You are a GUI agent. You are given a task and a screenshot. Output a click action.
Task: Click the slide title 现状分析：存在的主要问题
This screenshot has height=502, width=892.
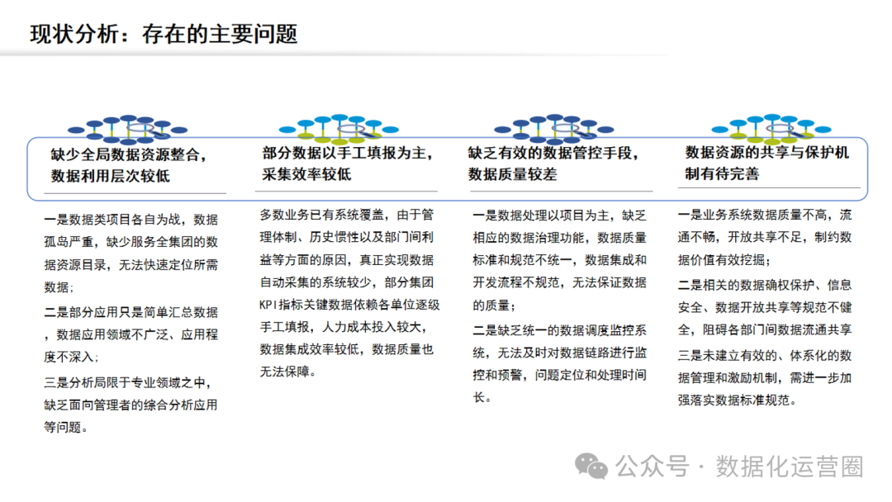(x=164, y=34)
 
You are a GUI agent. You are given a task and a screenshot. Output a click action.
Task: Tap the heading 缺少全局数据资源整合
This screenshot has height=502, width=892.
(x=129, y=154)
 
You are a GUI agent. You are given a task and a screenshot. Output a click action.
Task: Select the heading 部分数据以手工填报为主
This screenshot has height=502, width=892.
(x=349, y=153)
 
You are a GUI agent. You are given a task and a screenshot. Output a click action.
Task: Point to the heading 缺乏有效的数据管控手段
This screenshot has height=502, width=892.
(x=553, y=153)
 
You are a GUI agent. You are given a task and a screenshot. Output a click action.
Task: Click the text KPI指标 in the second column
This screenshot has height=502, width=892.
(x=287, y=305)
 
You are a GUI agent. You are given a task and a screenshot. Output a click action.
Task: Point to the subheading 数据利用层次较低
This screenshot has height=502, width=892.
(x=111, y=176)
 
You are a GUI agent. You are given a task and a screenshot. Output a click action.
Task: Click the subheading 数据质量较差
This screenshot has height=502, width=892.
(x=513, y=174)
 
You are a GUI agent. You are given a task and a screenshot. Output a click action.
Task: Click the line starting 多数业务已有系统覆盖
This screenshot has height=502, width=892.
(x=346, y=215)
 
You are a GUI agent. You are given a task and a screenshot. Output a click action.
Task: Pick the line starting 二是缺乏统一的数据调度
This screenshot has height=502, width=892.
(x=559, y=330)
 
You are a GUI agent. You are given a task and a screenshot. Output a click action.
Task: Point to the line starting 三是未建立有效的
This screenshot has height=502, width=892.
(x=764, y=357)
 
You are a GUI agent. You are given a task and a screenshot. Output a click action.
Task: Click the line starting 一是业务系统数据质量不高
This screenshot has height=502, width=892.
(x=764, y=216)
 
